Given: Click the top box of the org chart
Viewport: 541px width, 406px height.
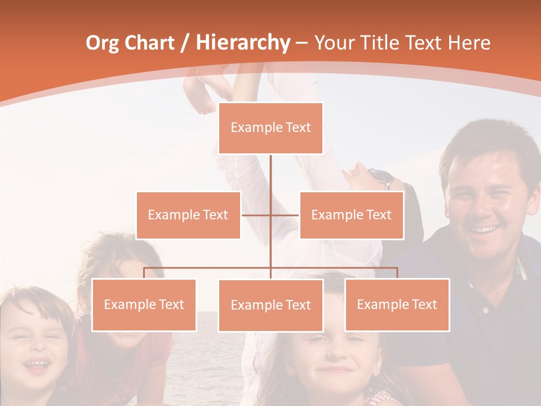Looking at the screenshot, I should (270, 128).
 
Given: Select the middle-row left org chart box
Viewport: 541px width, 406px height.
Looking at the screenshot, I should (188, 215).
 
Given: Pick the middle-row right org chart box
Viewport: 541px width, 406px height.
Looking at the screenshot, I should (351, 215).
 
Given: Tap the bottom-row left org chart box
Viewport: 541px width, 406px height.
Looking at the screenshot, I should (144, 304).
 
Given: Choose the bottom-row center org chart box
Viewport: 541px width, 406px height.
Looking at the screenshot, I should (270, 305).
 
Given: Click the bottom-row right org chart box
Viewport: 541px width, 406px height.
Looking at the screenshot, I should (397, 304).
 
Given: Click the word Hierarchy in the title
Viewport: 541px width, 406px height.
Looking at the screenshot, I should (242, 42).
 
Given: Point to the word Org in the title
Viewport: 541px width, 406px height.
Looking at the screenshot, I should (103, 42).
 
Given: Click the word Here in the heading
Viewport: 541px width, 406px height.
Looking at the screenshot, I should (469, 42).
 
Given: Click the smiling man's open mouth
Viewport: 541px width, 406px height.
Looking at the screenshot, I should (485, 230).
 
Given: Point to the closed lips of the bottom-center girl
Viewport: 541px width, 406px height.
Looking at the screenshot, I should (337, 370).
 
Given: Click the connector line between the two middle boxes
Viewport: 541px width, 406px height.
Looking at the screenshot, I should (270, 215).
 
